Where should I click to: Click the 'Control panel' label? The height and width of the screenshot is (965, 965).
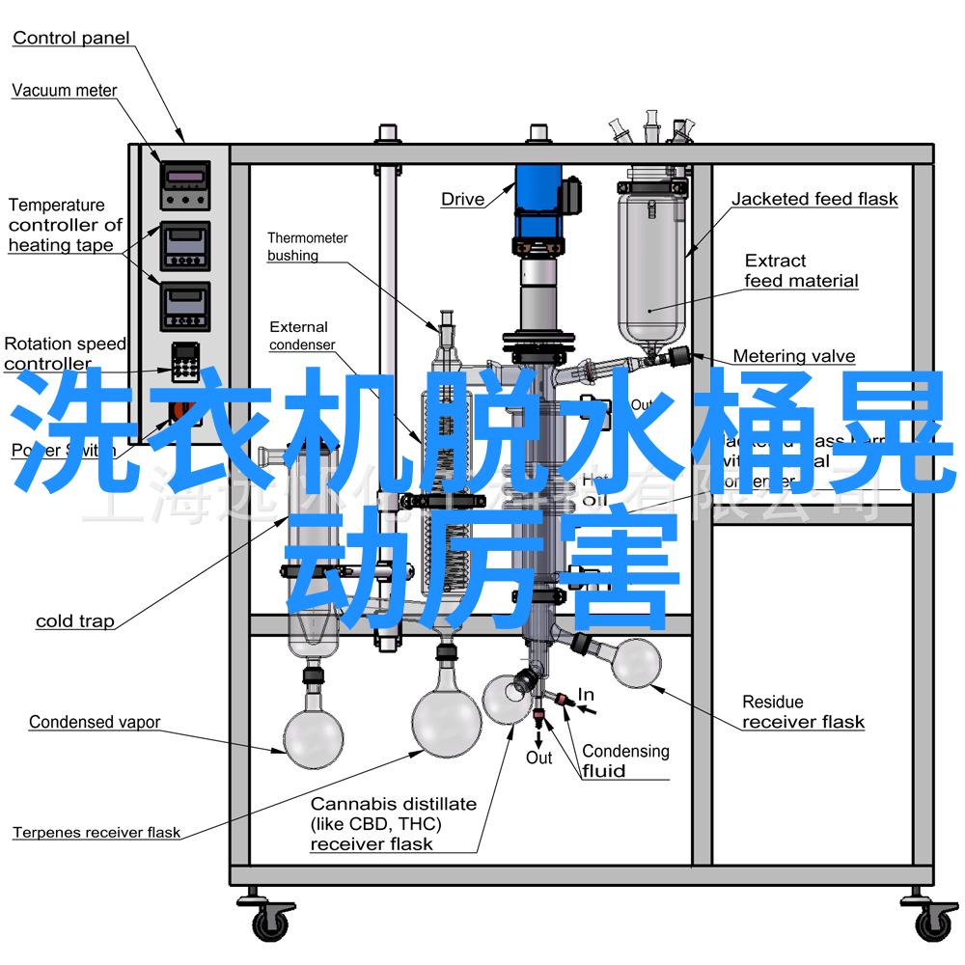70,39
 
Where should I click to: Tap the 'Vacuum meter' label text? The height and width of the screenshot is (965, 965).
64,91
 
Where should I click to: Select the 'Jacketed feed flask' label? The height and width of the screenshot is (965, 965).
813,200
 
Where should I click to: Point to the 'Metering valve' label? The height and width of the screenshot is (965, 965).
793,356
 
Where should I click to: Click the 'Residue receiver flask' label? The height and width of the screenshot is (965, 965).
803,712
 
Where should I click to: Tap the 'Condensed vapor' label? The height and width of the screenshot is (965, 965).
94,722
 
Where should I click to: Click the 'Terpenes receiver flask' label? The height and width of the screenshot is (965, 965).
96,832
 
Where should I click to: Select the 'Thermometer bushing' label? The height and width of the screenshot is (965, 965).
307,247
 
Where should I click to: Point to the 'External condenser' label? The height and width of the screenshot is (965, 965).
301,336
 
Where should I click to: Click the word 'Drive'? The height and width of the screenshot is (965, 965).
462,200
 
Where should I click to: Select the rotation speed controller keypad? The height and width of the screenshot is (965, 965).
184,363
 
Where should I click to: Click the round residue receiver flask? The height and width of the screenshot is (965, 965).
635,663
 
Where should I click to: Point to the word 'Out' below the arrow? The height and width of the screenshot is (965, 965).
538,758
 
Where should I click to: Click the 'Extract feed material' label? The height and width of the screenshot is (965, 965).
801,271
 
